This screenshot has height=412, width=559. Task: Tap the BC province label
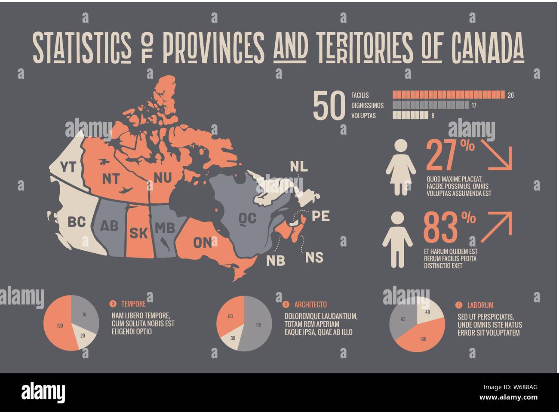(x=77, y=222)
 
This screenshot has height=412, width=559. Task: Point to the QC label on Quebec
(x=248, y=218)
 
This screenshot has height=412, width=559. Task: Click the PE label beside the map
(x=321, y=215)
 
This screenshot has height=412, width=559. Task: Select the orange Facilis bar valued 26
(x=448, y=95)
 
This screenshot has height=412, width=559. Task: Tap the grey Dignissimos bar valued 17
(x=431, y=105)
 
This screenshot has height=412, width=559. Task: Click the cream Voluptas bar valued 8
(x=411, y=115)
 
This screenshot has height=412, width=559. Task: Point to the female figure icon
(x=401, y=168)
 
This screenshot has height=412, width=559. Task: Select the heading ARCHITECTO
(x=310, y=304)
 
